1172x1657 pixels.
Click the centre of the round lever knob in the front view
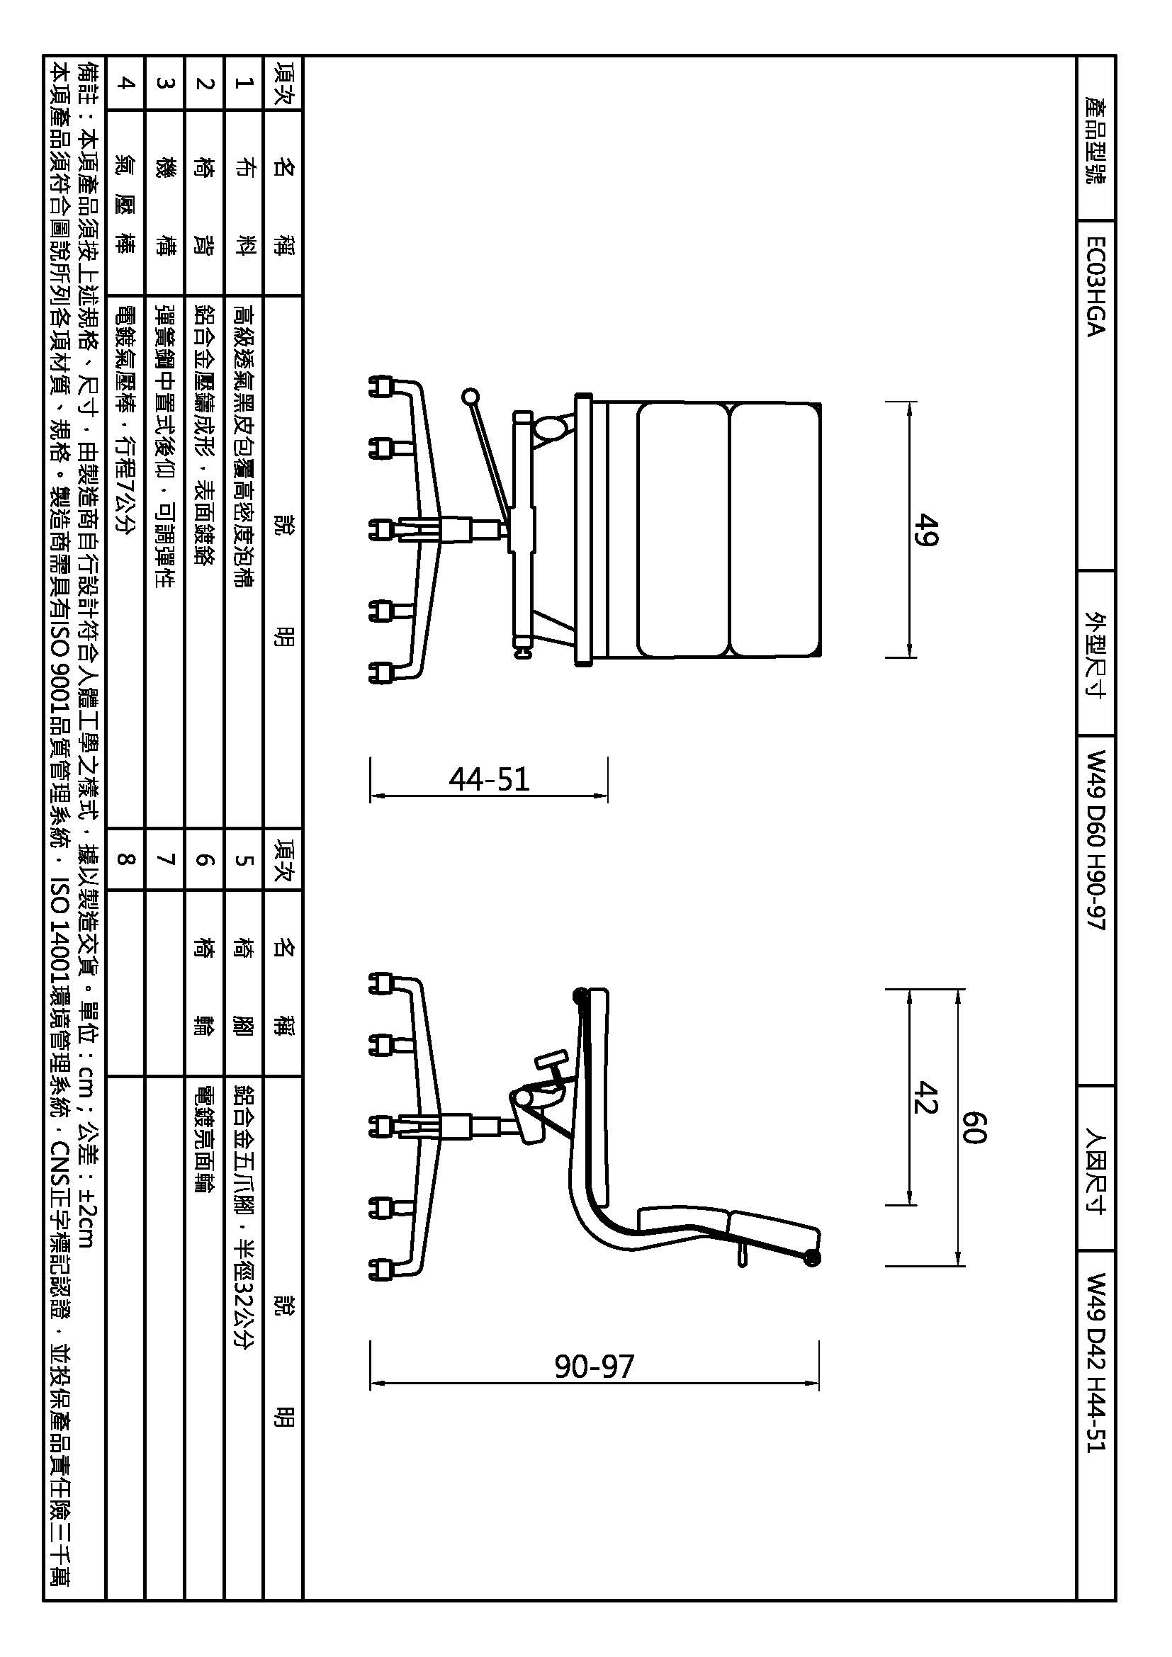coord(470,396)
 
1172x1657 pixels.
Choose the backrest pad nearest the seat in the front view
coord(682,531)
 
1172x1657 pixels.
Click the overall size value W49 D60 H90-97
coord(1095,841)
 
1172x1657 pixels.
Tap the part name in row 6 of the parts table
coord(205,988)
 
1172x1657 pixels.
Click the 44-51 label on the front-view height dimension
coord(490,779)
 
